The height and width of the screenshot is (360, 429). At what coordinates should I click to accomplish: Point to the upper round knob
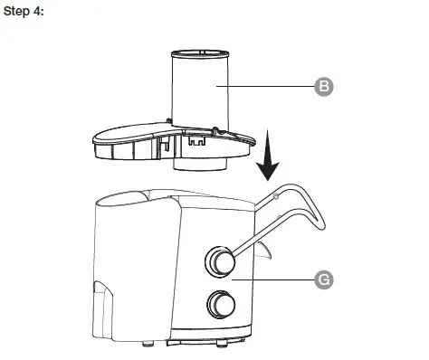(219, 261)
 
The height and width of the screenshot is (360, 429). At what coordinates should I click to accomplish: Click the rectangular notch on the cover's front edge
(193, 141)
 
